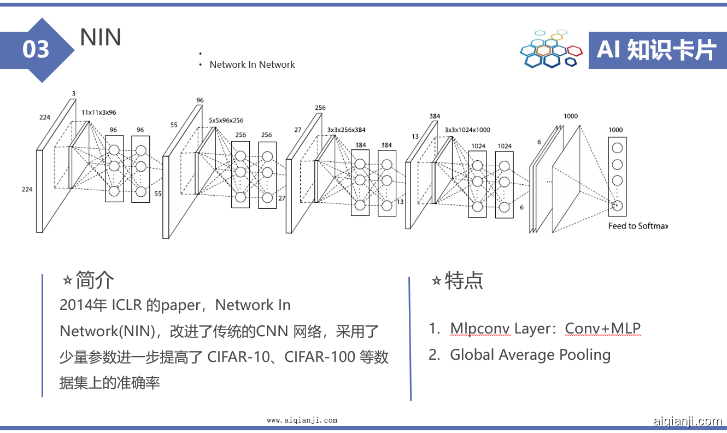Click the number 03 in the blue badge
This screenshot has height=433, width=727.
[x=36, y=50]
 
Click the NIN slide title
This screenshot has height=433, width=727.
[x=101, y=37]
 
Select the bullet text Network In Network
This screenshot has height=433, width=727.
[x=252, y=65]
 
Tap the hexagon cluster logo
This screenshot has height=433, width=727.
[x=551, y=49]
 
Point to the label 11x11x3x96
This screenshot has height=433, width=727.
[x=98, y=113]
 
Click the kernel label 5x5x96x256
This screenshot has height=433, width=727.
[x=226, y=120]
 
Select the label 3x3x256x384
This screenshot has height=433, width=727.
[x=346, y=130]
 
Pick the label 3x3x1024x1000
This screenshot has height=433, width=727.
[x=467, y=130]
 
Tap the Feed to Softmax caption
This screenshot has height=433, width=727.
[x=638, y=226]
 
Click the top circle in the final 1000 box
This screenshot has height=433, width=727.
[x=617, y=148]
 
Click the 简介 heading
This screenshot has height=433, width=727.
[x=95, y=280]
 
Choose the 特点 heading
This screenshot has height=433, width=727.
[x=464, y=281]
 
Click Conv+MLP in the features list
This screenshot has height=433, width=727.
[x=602, y=329]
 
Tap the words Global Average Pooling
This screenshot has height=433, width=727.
[x=530, y=355]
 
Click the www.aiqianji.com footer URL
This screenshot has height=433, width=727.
[x=302, y=420]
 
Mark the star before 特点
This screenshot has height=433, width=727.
[x=436, y=281]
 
